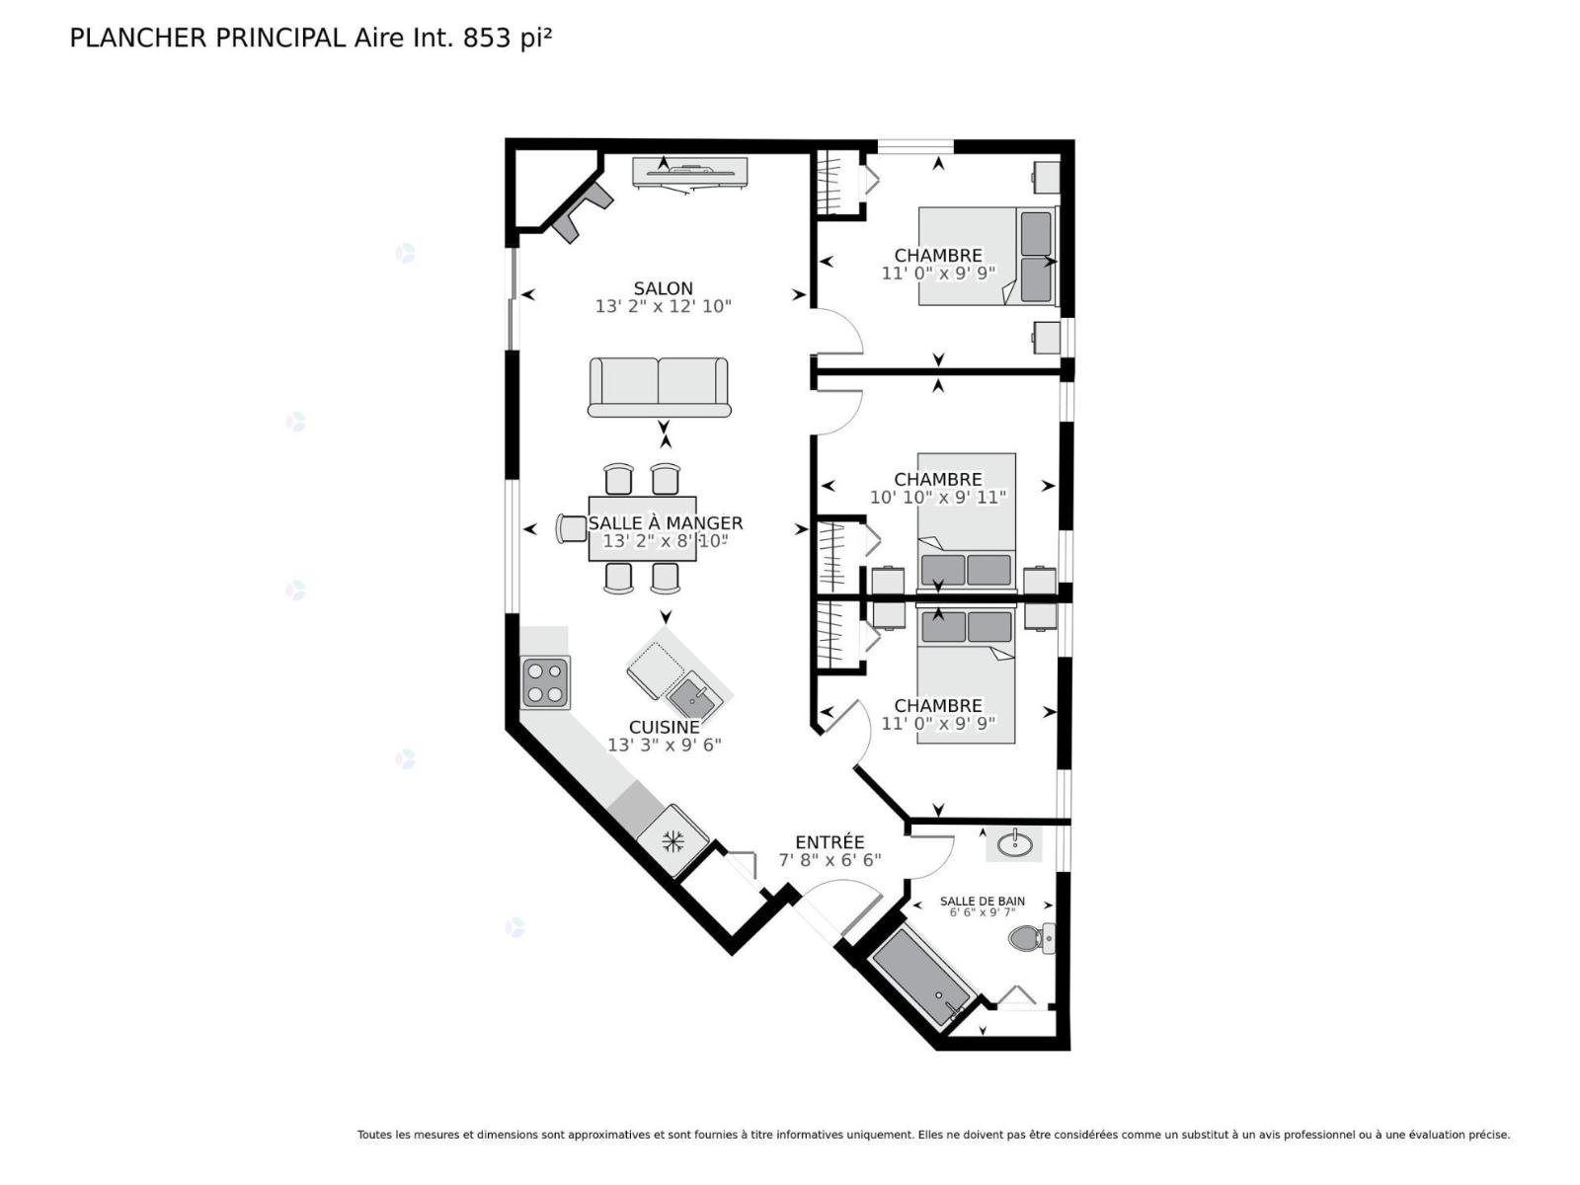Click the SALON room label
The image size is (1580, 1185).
pyautogui.click(x=663, y=288)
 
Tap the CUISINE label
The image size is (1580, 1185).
pyautogui.click(x=664, y=728)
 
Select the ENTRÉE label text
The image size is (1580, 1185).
pyautogui.click(x=829, y=841)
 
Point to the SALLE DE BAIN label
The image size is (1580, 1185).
pyautogui.click(x=982, y=901)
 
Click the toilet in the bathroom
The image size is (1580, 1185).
pyautogui.click(x=1032, y=938)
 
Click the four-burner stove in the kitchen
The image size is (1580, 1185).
pyautogui.click(x=545, y=682)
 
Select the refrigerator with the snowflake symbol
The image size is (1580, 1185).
pyautogui.click(x=673, y=840)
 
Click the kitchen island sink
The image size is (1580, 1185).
pyautogui.click(x=693, y=696)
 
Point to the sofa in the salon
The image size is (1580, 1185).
pyautogui.click(x=659, y=387)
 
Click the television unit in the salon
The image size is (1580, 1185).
pyautogui.click(x=689, y=174)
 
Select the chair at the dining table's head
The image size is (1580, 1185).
pyautogui.click(x=572, y=529)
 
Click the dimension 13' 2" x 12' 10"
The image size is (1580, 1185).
pyautogui.click(x=663, y=306)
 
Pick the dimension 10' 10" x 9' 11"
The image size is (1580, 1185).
pyautogui.click(x=938, y=497)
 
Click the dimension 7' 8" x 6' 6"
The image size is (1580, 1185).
pyautogui.click(x=829, y=860)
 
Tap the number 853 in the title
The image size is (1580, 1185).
pyautogui.click(x=487, y=39)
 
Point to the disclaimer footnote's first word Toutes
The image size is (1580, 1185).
pyautogui.click(x=375, y=1135)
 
